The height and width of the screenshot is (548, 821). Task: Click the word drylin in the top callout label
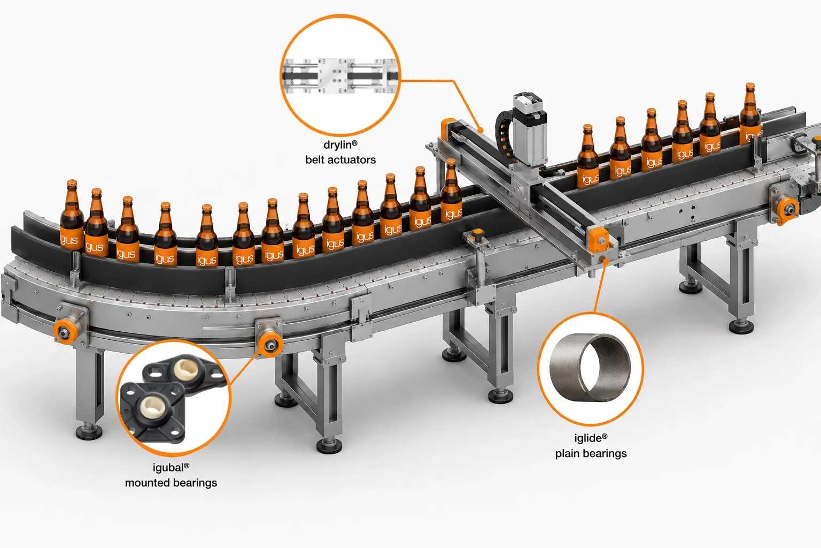(x=338, y=145)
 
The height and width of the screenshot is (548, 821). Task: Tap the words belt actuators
(x=340, y=160)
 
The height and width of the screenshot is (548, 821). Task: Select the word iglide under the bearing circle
(x=588, y=438)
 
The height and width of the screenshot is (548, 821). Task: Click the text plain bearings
(x=591, y=454)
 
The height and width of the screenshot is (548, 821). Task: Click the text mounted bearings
(x=171, y=483)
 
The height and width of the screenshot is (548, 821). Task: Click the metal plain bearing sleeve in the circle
(x=590, y=368)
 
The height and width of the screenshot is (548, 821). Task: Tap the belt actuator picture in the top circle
(x=340, y=76)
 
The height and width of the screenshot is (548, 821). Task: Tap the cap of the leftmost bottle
(x=72, y=183)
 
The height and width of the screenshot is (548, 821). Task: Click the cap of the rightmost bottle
(x=750, y=86)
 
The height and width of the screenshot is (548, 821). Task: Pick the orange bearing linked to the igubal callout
(x=270, y=345)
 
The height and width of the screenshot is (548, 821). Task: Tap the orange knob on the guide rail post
(x=477, y=234)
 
